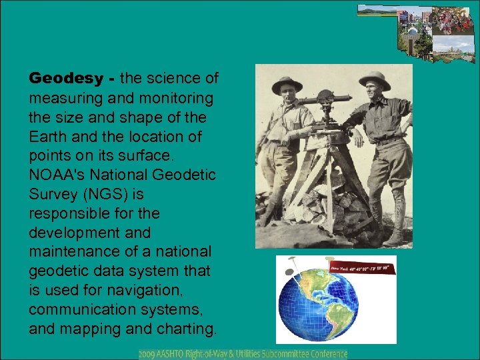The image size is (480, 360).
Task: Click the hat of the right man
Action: point(375,79)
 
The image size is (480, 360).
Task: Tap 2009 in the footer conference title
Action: point(148,354)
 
